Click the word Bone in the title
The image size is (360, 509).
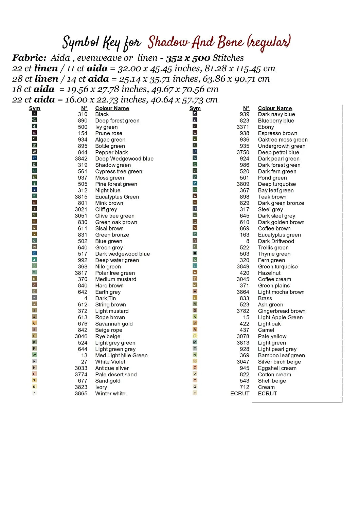230,42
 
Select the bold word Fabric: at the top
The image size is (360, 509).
29,58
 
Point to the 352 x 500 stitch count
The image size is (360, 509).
188,58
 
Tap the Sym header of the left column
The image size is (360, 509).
34,108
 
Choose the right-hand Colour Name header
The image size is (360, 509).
275,108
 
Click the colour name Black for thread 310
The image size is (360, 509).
102,114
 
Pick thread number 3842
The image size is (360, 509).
81,159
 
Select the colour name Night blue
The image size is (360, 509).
108,190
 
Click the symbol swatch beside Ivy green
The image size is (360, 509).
34,126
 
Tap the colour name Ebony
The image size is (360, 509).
266,127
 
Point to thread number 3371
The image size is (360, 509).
243,127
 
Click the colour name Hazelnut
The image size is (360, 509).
269,273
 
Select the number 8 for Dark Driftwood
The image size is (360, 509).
248,241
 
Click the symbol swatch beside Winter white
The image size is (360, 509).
34,393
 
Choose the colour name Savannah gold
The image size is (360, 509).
114,324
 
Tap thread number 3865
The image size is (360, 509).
81,394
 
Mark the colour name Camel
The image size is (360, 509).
266,330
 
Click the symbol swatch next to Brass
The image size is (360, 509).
195,298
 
